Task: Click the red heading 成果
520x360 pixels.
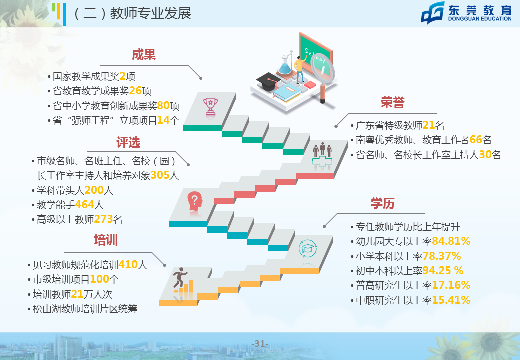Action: coord(144,55)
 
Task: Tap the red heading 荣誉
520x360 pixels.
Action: coord(393,103)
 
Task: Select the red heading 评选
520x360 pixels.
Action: coord(128,143)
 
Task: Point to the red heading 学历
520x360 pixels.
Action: coord(383,203)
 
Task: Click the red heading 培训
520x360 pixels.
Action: coord(106,240)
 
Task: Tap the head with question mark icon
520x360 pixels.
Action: coord(195,202)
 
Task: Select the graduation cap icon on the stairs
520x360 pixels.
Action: coord(308,248)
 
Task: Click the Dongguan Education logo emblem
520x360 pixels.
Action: coord(433,13)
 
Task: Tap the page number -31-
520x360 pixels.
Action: coord(260,344)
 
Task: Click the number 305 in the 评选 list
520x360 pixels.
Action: coord(160,175)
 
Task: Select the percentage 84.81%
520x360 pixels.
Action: coord(451,241)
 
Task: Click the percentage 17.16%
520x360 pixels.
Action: coord(451,285)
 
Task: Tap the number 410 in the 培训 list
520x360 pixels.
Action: coord(128,265)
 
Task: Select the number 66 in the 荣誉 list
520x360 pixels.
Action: coord(476,140)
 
